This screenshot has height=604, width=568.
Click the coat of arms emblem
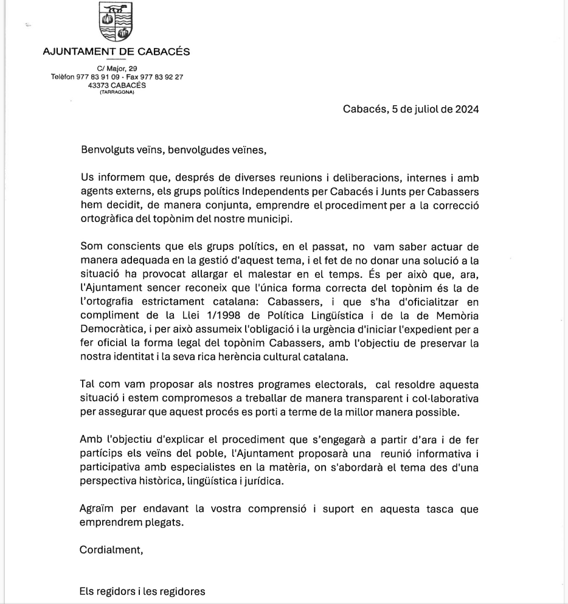(116, 22)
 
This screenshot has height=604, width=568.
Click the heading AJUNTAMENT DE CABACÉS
(116, 52)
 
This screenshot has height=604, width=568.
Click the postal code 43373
(99, 85)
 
